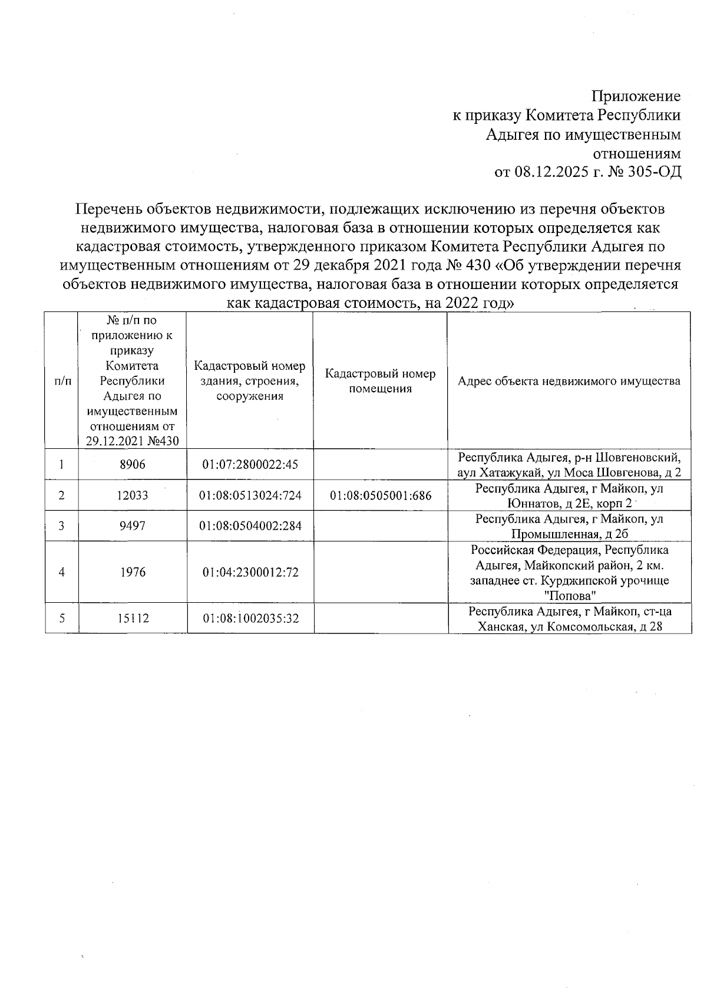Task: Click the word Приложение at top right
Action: coord(636,96)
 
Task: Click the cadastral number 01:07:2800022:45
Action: coord(250,465)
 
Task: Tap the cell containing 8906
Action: coord(132,465)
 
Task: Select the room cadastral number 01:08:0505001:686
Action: coord(381,495)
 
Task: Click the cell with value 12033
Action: coord(132,495)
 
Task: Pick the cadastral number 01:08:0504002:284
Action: coord(250,526)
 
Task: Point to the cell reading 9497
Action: coord(132,526)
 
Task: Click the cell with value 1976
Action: coord(132,572)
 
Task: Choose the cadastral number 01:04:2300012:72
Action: coord(250,572)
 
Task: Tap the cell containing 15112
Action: coord(132,618)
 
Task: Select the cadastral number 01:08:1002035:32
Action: coord(250,618)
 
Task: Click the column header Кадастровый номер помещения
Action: coord(381,381)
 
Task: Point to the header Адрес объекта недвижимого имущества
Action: coord(569,381)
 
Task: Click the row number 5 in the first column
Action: coord(61,618)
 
